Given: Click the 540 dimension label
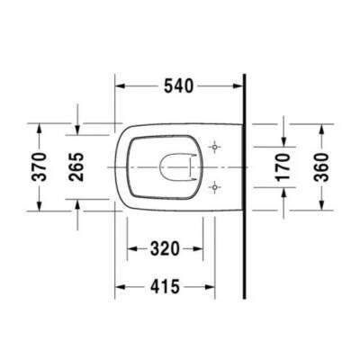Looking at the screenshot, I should point(180,88).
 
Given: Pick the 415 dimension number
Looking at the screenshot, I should point(166,286).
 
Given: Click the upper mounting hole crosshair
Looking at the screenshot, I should point(215,146).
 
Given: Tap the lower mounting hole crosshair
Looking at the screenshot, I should point(215,186).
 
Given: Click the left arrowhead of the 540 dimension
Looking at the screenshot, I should point(121,88).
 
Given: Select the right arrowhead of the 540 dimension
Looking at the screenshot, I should point(239,88).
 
